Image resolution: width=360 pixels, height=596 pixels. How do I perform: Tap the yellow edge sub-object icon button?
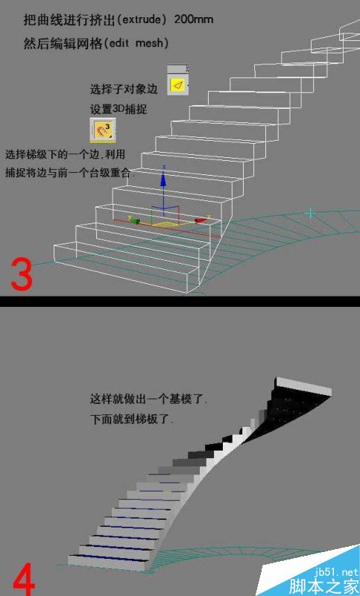(177, 85)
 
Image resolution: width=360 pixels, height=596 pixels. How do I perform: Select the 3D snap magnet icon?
(103, 130)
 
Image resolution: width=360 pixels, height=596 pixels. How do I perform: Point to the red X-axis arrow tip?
(202, 220)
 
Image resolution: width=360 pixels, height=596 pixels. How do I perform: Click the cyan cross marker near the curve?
(311, 213)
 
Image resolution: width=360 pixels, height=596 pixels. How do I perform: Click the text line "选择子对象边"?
(124, 89)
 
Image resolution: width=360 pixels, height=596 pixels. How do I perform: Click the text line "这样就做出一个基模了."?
(148, 400)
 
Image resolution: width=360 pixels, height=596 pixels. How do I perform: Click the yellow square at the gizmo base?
(167, 223)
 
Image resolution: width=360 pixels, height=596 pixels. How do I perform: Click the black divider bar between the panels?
(180, 301)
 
